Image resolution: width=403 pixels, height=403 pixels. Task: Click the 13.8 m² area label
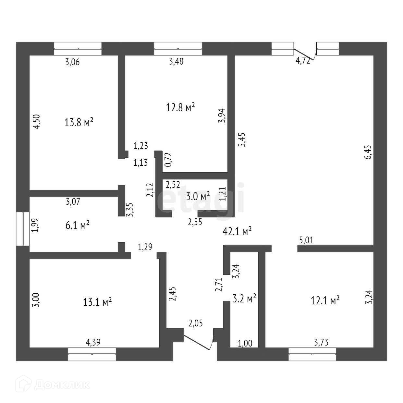79,122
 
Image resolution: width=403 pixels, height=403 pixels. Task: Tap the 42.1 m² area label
238,231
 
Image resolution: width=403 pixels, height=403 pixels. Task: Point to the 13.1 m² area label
97,302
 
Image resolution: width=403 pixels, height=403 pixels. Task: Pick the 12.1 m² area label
325,300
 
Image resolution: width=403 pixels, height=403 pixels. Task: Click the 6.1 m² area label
78,225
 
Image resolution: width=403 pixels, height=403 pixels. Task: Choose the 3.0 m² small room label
198,196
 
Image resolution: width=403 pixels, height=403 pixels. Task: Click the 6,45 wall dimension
368,152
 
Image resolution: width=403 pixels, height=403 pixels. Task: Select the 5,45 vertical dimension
242,140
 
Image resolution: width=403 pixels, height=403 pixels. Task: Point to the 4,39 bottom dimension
93,342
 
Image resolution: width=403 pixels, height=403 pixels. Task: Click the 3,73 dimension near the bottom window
321,342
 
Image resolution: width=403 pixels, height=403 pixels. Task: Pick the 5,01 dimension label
306,240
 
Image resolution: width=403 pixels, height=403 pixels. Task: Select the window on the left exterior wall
23,229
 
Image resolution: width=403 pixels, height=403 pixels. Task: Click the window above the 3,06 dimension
78,49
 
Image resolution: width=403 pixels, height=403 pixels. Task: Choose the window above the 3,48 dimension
178,49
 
